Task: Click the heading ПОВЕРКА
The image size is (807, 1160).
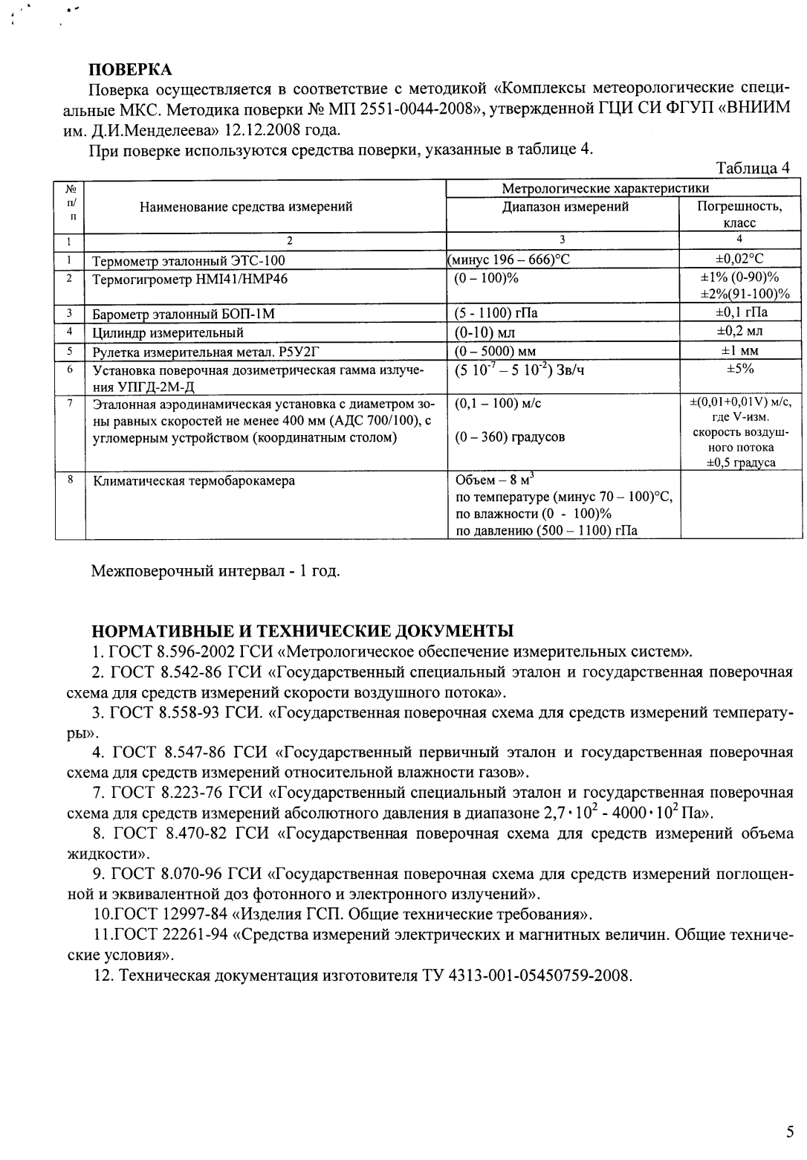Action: [x=130, y=70]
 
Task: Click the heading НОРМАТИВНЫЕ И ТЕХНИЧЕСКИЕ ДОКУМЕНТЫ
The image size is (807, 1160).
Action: [x=302, y=632]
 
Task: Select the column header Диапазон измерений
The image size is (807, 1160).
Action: [x=565, y=207]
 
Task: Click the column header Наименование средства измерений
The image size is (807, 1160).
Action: [x=246, y=207]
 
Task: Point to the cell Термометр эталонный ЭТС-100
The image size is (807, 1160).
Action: [x=188, y=260]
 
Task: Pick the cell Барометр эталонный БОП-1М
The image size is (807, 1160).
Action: [x=184, y=314]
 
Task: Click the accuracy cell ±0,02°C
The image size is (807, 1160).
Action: [x=739, y=259]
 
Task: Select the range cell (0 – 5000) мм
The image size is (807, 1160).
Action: [x=496, y=351]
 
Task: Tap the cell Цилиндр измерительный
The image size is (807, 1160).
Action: [x=168, y=332]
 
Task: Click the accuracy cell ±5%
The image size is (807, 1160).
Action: [x=739, y=369]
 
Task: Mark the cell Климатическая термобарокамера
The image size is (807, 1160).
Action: [x=193, y=480]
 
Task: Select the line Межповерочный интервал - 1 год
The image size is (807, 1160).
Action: [x=215, y=572]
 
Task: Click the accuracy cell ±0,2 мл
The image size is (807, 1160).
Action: [x=739, y=332]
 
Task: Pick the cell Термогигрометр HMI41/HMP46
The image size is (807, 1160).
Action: [x=189, y=279]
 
